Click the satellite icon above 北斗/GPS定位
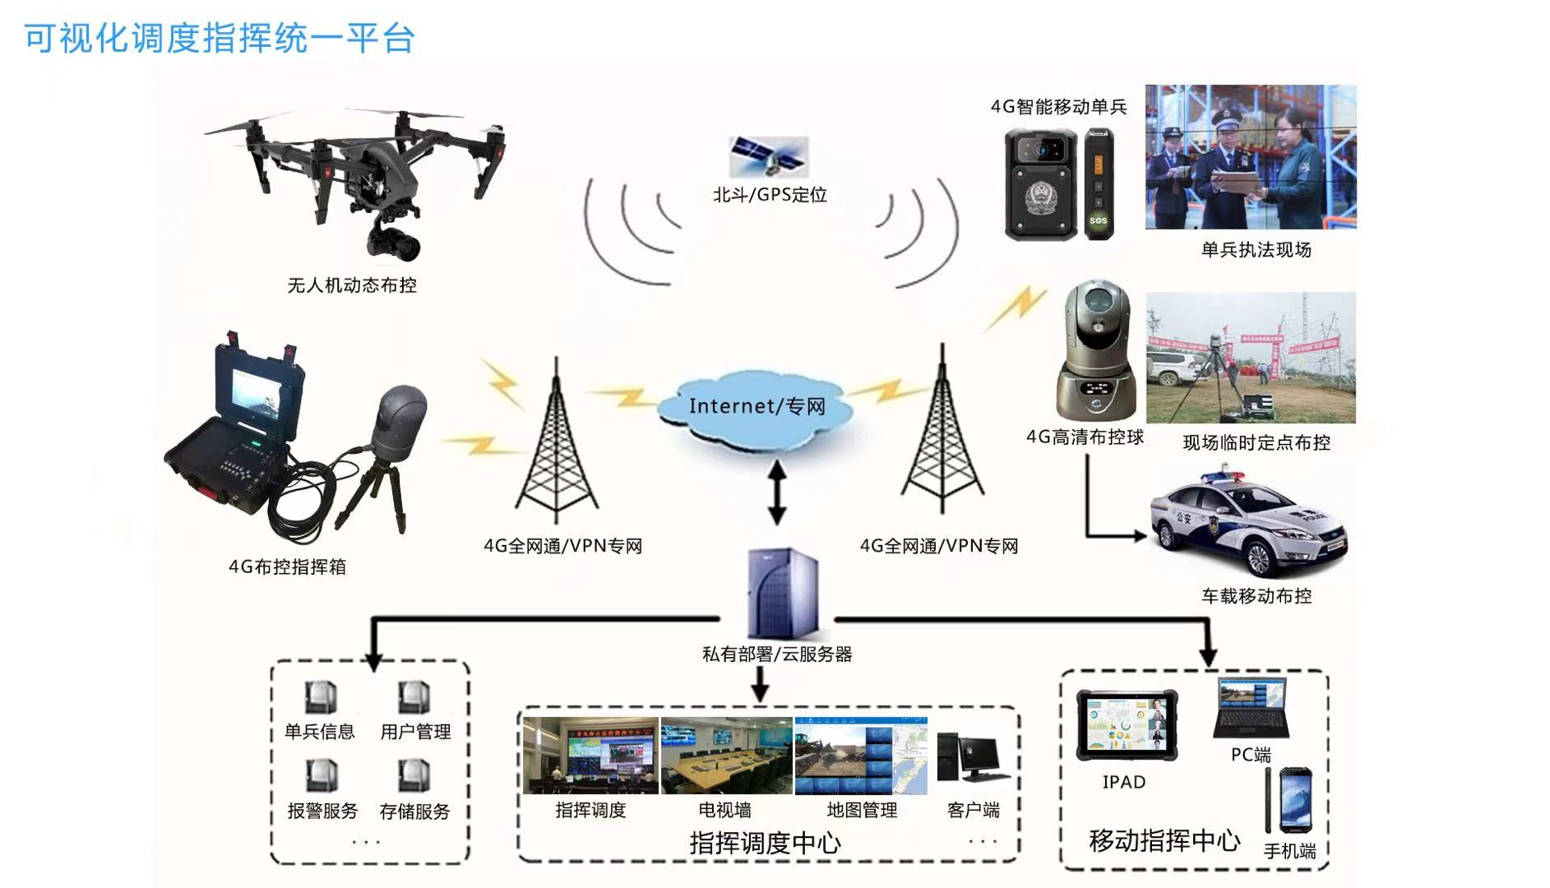click(769, 156)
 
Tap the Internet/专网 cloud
click(756, 408)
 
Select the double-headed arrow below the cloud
click(776, 492)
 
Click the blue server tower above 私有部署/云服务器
click(784, 594)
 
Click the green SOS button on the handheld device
click(1098, 220)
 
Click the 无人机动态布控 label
click(352, 285)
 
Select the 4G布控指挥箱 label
click(287, 567)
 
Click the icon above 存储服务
click(414, 776)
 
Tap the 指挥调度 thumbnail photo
click(590, 756)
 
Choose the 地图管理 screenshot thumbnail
click(861, 756)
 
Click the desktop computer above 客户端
click(972, 757)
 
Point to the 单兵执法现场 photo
click(1251, 157)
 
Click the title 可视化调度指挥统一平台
click(220, 39)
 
